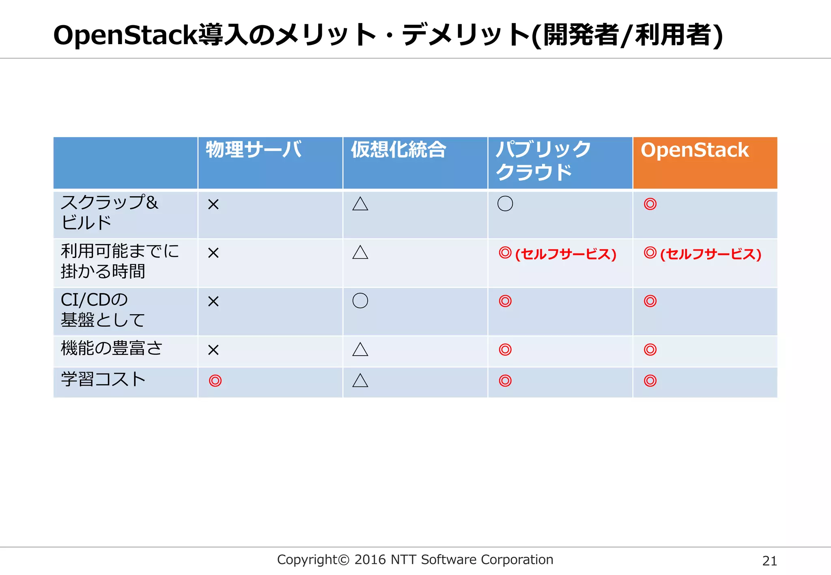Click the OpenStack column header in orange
click(695, 150)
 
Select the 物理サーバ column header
click(254, 150)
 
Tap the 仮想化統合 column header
click(398, 150)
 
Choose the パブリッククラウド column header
click(543, 161)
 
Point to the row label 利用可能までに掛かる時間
click(120, 261)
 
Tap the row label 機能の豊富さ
click(112, 348)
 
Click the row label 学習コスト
click(103, 379)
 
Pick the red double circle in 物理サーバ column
click(215, 381)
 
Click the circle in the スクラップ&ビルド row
click(505, 204)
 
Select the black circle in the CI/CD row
click(360, 300)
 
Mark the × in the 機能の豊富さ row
click(213, 350)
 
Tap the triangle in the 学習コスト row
click(360, 380)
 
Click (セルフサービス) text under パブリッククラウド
click(566, 254)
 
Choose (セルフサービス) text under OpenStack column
click(710, 254)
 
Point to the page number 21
click(769, 561)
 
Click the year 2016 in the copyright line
click(370, 560)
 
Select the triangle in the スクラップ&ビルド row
click(360, 204)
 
